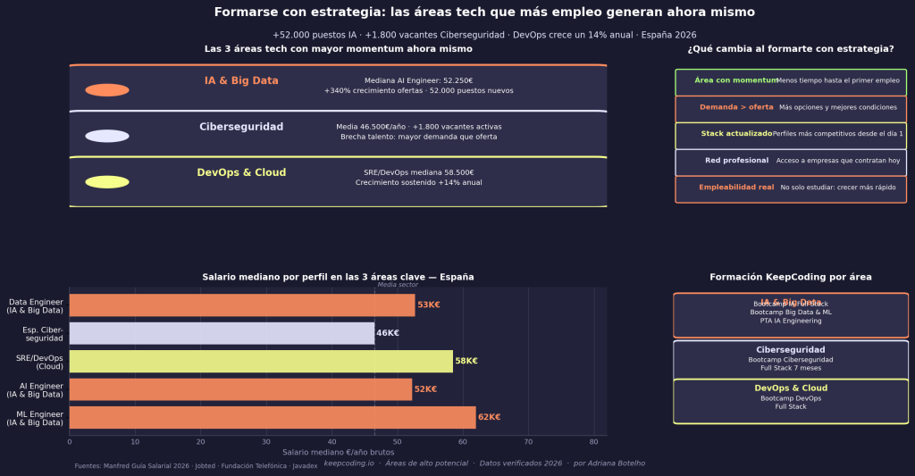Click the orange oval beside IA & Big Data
click(x=107, y=90)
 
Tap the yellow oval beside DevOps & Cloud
click(x=107, y=182)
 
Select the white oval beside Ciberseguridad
click(x=107, y=136)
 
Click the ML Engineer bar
click(x=273, y=417)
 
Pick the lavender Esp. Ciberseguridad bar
click(x=222, y=333)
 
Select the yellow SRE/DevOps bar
click(x=261, y=361)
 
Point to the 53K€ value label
click(x=429, y=305)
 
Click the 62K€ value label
click(x=489, y=417)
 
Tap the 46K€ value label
click(x=388, y=333)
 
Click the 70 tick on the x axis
click(x=528, y=441)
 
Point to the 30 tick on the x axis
click(x=265, y=441)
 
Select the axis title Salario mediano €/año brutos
click(x=338, y=452)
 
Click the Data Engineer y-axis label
click(x=35, y=305)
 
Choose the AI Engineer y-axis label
click(x=35, y=389)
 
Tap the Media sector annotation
click(x=398, y=285)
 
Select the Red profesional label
click(x=736, y=161)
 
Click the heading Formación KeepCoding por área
click(x=791, y=278)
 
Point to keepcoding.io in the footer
click(x=348, y=463)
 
